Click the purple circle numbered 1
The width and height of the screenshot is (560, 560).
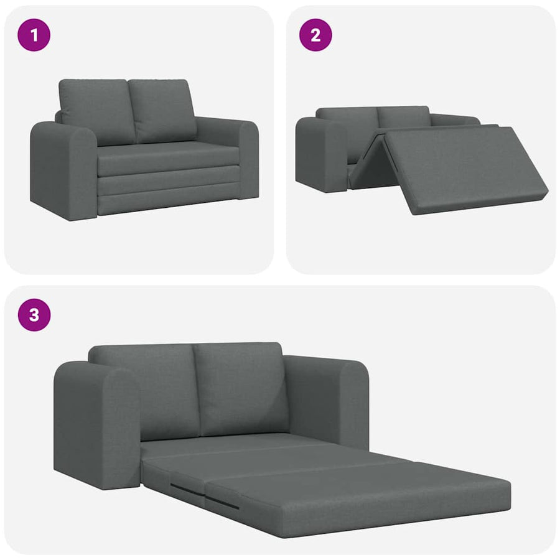click(x=34, y=35)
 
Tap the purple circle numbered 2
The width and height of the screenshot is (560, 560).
click(x=315, y=35)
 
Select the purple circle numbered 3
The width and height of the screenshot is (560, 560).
click(x=34, y=315)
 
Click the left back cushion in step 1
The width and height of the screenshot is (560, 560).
click(x=96, y=111)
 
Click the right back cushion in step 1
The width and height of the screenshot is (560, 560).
click(x=162, y=111)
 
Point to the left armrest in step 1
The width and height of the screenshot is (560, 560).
click(x=63, y=170)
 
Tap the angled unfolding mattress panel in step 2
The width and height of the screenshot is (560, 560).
click(x=464, y=170)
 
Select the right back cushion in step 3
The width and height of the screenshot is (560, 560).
click(x=241, y=390)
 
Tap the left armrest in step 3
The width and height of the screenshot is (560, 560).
click(x=97, y=425)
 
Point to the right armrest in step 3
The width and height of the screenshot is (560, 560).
click(x=327, y=400)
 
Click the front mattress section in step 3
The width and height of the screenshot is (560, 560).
click(x=357, y=500)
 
